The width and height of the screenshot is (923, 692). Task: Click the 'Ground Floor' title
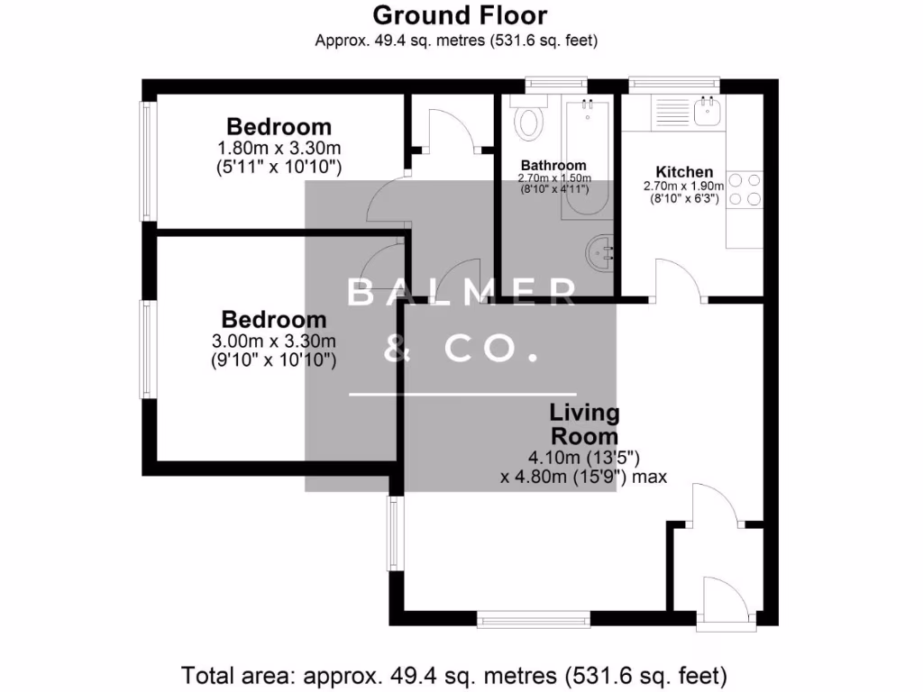tap(460, 15)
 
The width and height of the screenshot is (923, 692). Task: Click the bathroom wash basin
tap(600, 253)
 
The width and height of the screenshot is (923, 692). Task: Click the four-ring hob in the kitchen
tap(745, 189)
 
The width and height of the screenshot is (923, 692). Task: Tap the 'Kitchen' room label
tap(684, 172)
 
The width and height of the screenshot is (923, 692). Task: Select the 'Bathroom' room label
tap(553, 165)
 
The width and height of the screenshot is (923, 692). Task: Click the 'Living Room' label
tap(585, 424)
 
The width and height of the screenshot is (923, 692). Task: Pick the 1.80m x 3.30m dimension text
tap(279, 148)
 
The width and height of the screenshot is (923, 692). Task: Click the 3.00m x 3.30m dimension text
tap(273, 341)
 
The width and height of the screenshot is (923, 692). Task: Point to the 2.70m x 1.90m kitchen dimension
tap(683, 187)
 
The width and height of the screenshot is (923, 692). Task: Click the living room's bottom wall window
tap(534, 618)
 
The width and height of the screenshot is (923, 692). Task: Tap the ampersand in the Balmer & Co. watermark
tap(393, 350)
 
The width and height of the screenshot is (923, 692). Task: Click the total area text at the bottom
tap(454, 674)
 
